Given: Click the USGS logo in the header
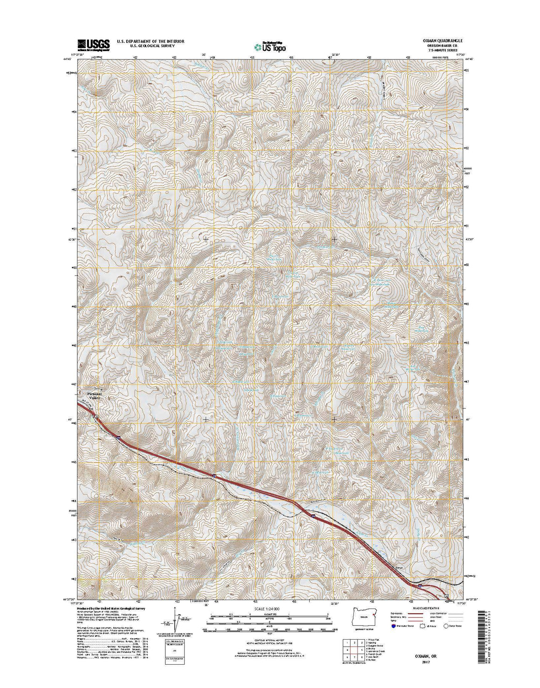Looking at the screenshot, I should (93, 44).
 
